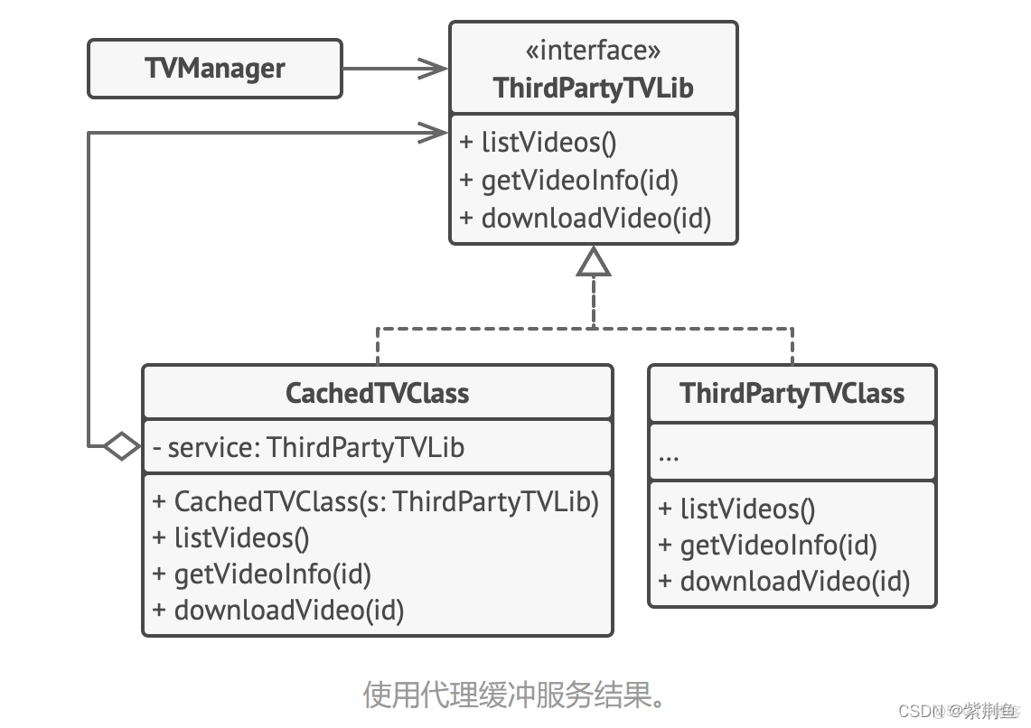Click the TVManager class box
pyautogui.click(x=215, y=69)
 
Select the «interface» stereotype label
pyautogui.click(x=593, y=51)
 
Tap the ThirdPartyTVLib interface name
pyautogui.click(x=593, y=89)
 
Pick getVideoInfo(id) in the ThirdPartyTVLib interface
pyautogui.click(x=568, y=181)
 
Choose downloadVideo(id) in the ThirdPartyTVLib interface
pyautogui.click(x=585, y=219)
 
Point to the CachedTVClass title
pyautogui.click(x=377, y=393)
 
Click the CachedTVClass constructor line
pyautogui.click(x=376, y=501)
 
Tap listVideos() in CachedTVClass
pyautogui.click(x=231, y=538)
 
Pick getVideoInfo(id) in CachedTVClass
pyautogui.click(x=262, y=574)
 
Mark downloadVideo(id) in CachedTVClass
pyautogui.click(x=278, y=611)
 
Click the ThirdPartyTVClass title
pyautogui.click(x=792, y=393)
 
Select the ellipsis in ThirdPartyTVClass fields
pyautogui.click(x=669, y=454)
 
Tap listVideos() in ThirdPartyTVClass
pyautogui.click(x=737, y=509)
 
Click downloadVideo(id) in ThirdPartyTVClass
pyautogui.click(x=783, y=581)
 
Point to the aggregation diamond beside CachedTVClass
pyautogui.click(x=121, y=445)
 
